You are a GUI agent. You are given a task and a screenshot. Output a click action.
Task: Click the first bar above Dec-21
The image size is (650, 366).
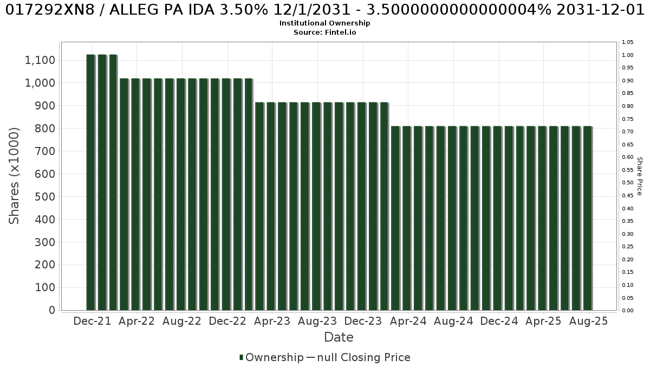click(90, 182)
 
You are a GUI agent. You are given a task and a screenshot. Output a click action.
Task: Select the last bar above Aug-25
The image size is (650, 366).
click(588, 218)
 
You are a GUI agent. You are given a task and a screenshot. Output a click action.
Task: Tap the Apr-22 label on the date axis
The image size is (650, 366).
click(136, 321)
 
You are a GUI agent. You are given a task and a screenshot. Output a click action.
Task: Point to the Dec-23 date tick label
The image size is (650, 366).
click(363, 321)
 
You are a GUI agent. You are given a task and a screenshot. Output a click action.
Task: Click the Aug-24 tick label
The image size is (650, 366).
click(453, 321)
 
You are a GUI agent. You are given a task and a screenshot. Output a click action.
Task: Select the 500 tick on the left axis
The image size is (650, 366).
click(45, 197)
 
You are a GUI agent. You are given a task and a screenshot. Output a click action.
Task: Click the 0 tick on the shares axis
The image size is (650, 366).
click(52, 310)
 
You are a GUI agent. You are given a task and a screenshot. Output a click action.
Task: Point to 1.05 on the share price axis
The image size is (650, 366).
click(628, 42)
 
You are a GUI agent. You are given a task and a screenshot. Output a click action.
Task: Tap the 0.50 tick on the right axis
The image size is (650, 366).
click(628, 183)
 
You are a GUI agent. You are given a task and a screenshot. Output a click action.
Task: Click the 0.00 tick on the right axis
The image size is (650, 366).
click(628, 311)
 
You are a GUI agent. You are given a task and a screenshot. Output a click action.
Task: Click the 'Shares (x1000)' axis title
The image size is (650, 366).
click(14, 176)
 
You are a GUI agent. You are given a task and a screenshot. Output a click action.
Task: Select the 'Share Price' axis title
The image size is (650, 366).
click(640, 176)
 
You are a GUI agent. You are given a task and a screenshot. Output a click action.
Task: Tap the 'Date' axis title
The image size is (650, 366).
click(339, 337)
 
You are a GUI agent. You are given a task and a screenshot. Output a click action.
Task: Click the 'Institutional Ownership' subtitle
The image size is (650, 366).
click(324, 23)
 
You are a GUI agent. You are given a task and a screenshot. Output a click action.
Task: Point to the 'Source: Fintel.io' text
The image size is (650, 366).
click(324, 32)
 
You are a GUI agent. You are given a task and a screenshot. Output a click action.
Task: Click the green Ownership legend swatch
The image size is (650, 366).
click(241, 357)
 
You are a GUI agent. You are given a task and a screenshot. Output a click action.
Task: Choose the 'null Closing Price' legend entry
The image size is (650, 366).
click(364, 357)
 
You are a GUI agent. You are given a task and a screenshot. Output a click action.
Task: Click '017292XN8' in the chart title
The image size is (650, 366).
click(50, 10)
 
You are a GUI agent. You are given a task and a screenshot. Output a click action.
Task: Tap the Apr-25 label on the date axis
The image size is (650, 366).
click(543, 321)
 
